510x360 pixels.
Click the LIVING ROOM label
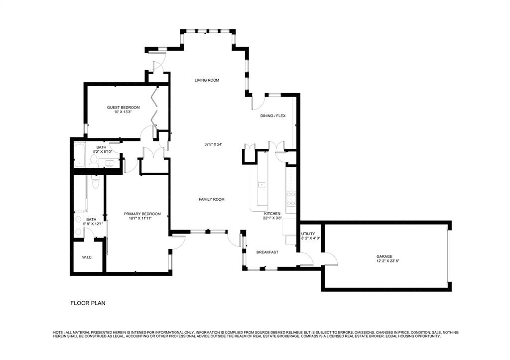[207, 80]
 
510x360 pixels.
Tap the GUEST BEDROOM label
[123, 107]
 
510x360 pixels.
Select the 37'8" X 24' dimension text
[213, 144]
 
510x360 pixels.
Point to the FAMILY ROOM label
[212, 199]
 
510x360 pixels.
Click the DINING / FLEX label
[273, 116]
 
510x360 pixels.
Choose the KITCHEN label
[272, 213]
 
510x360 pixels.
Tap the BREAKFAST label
[267, 252]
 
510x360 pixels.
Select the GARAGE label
[384, 256]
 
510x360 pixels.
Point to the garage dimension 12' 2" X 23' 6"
[384, 261]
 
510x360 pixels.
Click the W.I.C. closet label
[87, 257]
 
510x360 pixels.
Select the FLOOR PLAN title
[88, 303]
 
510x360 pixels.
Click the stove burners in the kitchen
[291, 199]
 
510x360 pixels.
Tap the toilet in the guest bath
[93, 159]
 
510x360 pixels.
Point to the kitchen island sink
[262, 185]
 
